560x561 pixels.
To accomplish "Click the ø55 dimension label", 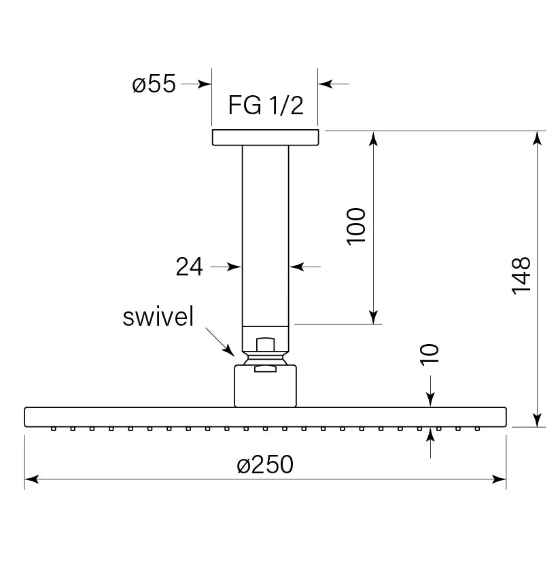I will pyautogui.click(x=154, y=84).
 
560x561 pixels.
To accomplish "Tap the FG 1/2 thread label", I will pyautogui.click(x=264, y=106).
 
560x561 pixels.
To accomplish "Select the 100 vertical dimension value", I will pyautogui.click(x=356, y=226).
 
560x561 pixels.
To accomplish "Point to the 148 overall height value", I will pyautogui.click(x=521, y=275).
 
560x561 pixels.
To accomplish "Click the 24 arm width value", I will pyautogui.click(x=189, y=267).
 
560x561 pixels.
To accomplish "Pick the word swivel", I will pyautogui.click(x=158, y=317).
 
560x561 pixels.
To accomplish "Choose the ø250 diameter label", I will pyautogui.click(x=265, y=465).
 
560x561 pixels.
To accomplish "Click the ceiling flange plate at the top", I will pyautogui.click(x=265, y=137).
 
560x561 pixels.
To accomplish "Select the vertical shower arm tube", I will pyautogui.click(x=265, y=231).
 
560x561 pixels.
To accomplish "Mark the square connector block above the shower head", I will pyautogui.click(x=266, y=386).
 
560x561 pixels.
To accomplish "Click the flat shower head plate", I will pyautogui.click(x=265, y=417).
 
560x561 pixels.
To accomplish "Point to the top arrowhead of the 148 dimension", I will pyautogui.click(x=537, y=137).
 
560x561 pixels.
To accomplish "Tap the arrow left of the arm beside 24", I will pyautogui.click(x=236, y=267).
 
